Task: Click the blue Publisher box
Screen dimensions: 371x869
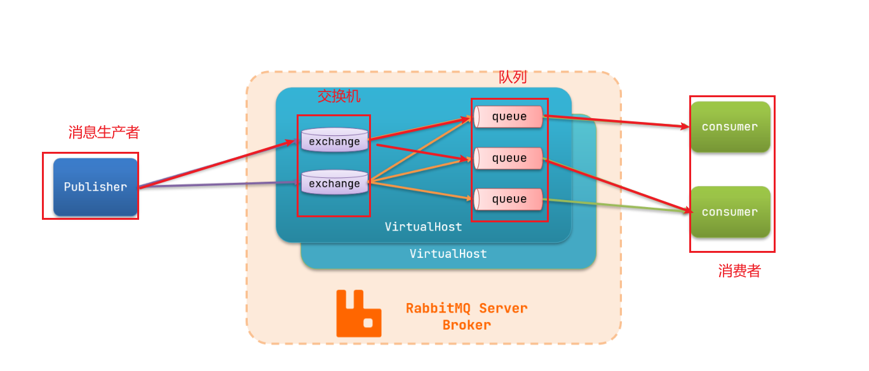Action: (x=95, y=187)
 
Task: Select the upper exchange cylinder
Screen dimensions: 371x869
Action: (x=334, y=140)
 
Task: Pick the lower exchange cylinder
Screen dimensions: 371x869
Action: (x=334, y=183)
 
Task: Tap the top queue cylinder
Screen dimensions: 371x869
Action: (x=508, y=117)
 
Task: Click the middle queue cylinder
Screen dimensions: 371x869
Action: (x=508, y=158)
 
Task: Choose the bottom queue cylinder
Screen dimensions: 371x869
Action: (x=508, y=199)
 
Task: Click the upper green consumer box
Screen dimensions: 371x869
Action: (x=730, y=126)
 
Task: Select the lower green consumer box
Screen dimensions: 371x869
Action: (x=730, y=212)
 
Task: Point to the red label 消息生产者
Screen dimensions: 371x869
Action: (x=104, y=132)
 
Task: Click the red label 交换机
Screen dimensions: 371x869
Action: (x=339, y=96)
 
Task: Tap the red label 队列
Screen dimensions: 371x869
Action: (x=512, y=77)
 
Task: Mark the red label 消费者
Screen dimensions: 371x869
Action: (x=739, y=271)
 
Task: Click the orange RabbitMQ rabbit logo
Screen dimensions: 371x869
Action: (x=358, y=314)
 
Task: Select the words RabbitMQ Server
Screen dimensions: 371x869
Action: (x=466, y=308)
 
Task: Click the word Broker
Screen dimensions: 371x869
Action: (x=466, y=325)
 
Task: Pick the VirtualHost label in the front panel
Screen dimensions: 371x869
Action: (x=423, y=227)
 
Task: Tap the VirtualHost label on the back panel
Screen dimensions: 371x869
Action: (x=448, y=254)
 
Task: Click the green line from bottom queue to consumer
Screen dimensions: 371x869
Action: (x=616, y=205)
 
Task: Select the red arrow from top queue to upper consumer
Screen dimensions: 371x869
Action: (x=616, y=121)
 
